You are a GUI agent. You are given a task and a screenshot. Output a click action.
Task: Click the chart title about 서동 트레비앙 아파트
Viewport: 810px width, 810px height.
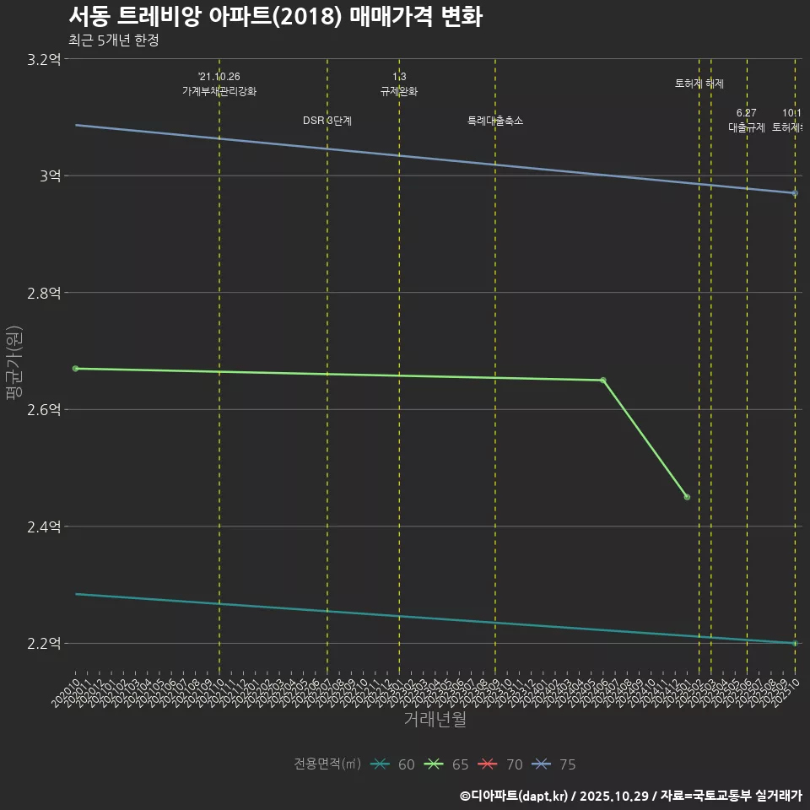click(275, 16)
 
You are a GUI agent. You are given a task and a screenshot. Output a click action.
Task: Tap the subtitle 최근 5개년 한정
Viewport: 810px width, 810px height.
click(113, 40)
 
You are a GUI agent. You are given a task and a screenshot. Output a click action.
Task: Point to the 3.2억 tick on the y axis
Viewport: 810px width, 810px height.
click(44, 59)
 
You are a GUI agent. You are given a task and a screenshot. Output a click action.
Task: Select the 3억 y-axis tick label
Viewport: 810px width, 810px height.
click(50, 175)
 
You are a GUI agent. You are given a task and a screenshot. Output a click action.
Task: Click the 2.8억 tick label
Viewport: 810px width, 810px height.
click(44, 293)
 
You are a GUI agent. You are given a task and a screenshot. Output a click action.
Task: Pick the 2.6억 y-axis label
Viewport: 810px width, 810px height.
click(44, 409)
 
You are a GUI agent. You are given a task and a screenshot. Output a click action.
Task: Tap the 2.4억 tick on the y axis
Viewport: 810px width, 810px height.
click(44, 526)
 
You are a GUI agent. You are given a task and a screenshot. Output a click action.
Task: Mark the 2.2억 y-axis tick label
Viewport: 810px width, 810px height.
click(44, 643)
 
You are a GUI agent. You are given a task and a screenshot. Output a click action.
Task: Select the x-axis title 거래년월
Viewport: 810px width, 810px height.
click(435, 719)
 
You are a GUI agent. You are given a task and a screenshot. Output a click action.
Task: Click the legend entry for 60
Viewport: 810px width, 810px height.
click(393, 764)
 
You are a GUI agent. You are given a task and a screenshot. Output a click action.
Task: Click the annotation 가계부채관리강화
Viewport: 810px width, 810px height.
click(219, 91)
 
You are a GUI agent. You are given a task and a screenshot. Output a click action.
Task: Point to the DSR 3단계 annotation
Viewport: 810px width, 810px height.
click(327, 121)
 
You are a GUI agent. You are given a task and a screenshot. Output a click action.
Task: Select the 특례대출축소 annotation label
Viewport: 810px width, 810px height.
click(495, 121)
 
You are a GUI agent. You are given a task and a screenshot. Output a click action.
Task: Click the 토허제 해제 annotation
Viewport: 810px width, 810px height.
click(699, 84)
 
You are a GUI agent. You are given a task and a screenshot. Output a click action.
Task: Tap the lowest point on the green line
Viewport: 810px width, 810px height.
click(687, 497)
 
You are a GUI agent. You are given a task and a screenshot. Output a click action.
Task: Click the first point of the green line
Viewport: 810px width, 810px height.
click(76, 369)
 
